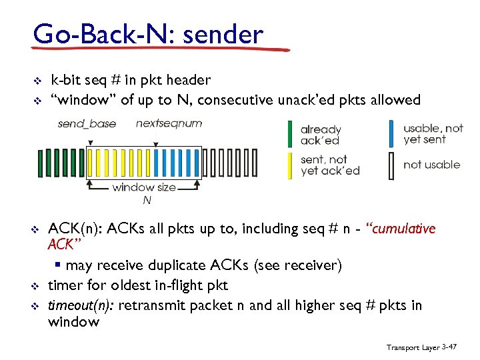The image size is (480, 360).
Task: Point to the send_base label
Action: coord(87,123)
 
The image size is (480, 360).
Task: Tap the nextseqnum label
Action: coord(169,123)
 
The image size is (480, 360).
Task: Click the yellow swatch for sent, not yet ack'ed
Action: coord(289,165)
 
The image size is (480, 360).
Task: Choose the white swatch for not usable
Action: coord(391,165)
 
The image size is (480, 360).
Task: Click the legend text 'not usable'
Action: coord(431,165)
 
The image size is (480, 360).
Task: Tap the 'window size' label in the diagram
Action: coord(144,187)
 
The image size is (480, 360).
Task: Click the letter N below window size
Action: coord(147,200)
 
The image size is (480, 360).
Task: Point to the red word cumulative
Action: coord(404,229)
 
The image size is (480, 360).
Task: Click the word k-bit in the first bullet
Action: coord(66,80)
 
